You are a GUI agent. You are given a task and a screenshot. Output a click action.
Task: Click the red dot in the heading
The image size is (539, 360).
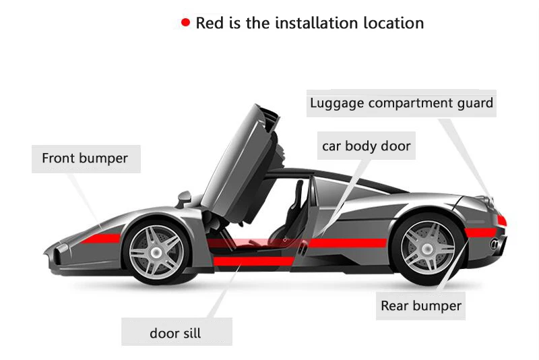(x=186, y=22)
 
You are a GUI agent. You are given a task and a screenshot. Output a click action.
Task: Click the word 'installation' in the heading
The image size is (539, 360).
(x=316, y=23)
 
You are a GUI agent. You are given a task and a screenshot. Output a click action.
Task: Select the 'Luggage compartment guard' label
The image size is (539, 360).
(x=401, y=103)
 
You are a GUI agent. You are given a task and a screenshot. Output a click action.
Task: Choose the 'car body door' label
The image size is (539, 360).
(x=366, y=146)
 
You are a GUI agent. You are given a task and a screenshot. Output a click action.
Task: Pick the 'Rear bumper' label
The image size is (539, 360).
(x=420, y=305)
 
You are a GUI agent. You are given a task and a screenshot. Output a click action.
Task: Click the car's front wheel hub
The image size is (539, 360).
(x=156, y=253)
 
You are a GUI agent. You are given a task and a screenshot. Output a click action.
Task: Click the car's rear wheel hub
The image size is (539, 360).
(x=427, y=248)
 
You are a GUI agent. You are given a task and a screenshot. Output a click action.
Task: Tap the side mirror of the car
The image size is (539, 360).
(x=184, y=199)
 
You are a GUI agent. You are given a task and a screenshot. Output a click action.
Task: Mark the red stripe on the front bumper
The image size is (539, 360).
(x=100, y=238)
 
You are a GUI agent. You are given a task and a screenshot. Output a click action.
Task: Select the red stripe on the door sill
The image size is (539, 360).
(x=254, y=262)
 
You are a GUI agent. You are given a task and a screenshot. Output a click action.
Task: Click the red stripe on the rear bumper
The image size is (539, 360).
(x=480, y=233)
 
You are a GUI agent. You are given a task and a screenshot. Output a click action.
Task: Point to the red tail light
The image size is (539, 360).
(x=501, y=220)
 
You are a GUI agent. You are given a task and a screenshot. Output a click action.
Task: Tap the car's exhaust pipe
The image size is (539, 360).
(x=495, y=244)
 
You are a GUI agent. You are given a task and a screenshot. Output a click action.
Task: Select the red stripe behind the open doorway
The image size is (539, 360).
(x=348, y=243)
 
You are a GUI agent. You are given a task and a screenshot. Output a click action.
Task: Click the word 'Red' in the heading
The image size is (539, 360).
(x=210, y=23)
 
